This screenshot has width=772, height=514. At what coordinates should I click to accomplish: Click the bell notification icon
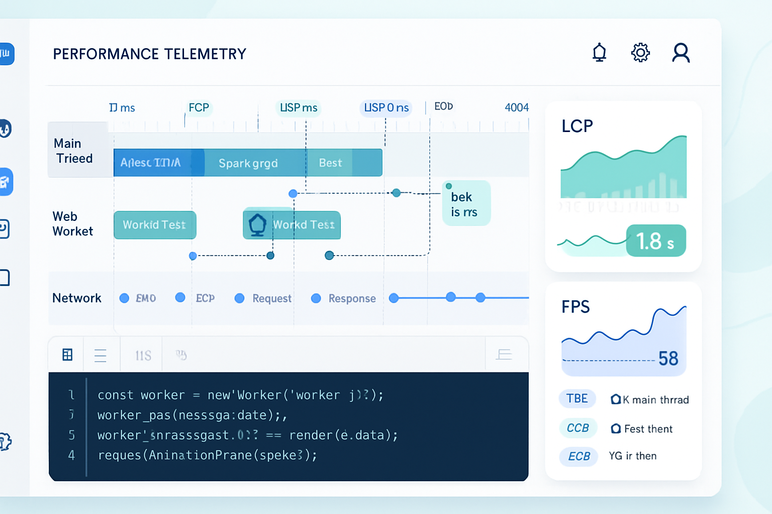(x=599, y=53)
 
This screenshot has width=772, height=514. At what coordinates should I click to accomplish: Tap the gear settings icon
(x=640, y=53)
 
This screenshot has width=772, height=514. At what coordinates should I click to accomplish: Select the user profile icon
(x=681, y=53)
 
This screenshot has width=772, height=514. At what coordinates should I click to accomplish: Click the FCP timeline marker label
(x=199, y=108)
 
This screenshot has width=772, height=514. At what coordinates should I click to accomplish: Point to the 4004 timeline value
(x=517, y=107)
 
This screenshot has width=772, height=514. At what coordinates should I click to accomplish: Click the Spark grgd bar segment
(x=248, y=163)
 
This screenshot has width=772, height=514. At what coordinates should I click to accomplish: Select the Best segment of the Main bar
(x=330, y=163)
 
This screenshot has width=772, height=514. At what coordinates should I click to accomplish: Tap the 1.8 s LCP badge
(x=655, y=241)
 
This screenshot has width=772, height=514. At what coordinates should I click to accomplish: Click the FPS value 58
(x=668, y=359)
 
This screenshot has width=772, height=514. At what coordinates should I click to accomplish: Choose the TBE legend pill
(x=577, y=399)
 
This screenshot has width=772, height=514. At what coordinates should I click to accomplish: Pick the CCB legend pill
(x=578, y=428)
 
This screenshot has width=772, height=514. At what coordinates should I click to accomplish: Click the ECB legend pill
(x=579, y=456)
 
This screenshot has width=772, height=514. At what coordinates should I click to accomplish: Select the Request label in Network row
(x=272, y=299)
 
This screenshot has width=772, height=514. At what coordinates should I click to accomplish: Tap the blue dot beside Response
(x=316, y=299)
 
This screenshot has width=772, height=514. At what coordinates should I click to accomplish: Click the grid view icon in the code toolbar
(x=67, y=355)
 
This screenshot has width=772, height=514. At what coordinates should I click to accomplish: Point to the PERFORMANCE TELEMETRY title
(x=150, y=54)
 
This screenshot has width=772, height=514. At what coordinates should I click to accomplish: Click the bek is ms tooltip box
(x=465, y=203)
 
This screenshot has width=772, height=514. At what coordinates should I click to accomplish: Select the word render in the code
(x=311, y=435)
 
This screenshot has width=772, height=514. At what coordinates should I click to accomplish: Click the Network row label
(x=77, y=298)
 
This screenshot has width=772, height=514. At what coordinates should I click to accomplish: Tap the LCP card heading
(x=577, y=126)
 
